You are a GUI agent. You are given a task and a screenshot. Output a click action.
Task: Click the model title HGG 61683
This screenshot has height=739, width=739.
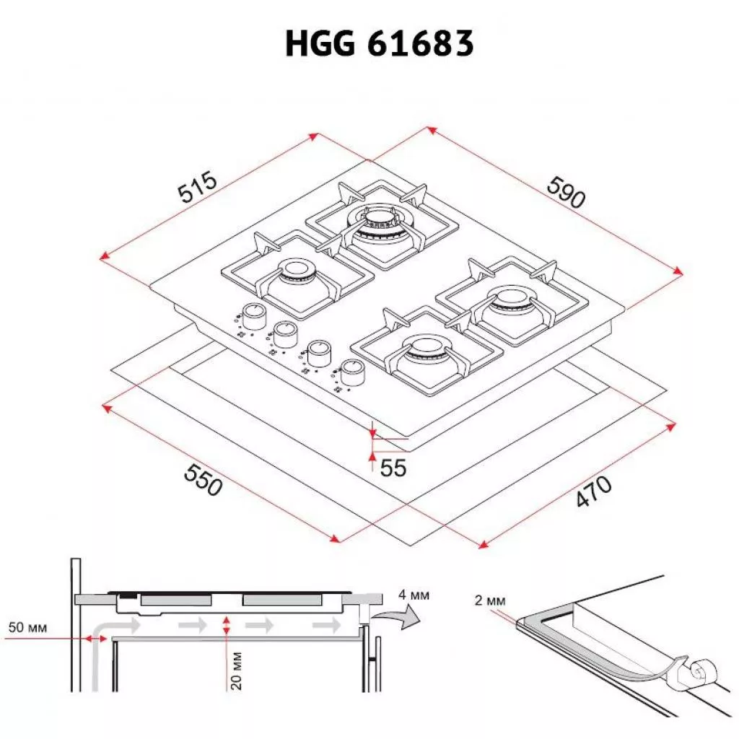[380, 43]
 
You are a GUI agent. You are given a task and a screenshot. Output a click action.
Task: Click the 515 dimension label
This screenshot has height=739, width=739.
[198, 187]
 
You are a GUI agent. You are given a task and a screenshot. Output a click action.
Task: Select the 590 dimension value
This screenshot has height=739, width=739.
[566, 192]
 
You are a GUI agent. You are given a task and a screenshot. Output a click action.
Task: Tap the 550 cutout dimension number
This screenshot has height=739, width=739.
[203, 479]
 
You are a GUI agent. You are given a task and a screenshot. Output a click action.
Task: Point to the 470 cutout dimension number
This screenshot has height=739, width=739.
[594, 491]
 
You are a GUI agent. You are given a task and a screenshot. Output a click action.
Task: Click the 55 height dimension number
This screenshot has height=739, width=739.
[393, 468]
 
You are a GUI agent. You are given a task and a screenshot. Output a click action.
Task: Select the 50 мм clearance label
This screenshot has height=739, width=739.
[28, 627]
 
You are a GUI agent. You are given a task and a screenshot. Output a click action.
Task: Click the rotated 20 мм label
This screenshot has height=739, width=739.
[236, 670]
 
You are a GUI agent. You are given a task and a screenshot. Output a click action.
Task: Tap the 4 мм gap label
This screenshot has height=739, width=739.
[414, 595]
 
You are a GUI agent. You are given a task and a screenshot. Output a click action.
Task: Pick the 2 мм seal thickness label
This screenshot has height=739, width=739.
[490, 600]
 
